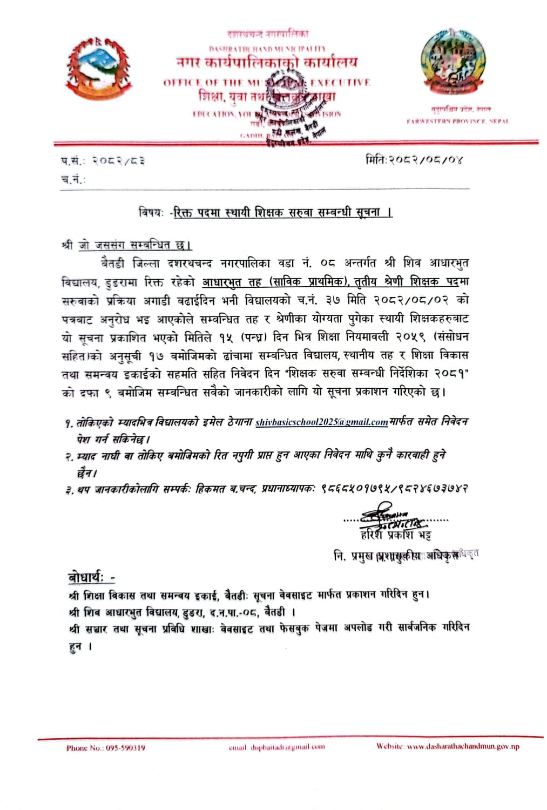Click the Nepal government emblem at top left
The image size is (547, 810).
point(99,68)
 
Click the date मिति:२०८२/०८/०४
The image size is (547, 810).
point(414,160)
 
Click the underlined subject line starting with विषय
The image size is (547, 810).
point(265,213)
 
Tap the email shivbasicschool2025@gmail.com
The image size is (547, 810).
point(321,422)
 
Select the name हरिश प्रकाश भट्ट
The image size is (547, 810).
point(396,535)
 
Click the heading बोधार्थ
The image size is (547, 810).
point(91,577)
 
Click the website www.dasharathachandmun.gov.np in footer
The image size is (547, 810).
point(463,746)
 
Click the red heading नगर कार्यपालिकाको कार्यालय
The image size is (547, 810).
point(267,63)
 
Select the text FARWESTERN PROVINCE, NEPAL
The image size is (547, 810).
point(457,122)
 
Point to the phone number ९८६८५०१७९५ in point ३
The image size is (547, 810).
point(354,489)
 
